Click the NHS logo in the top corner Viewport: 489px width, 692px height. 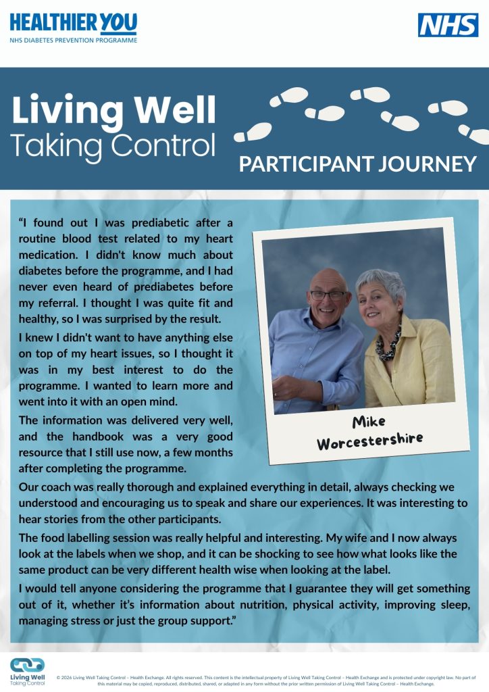point(448,25)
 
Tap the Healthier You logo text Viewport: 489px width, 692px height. point(73,24)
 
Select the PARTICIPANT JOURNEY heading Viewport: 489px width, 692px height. point(358,164)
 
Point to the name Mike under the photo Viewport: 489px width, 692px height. point(369,422)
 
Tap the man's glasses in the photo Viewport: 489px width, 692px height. point(328,295)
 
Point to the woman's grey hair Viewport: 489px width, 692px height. point(382,282)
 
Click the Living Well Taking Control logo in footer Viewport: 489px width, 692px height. point(28,671)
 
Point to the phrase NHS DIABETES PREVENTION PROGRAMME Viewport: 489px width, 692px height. point(73,41)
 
